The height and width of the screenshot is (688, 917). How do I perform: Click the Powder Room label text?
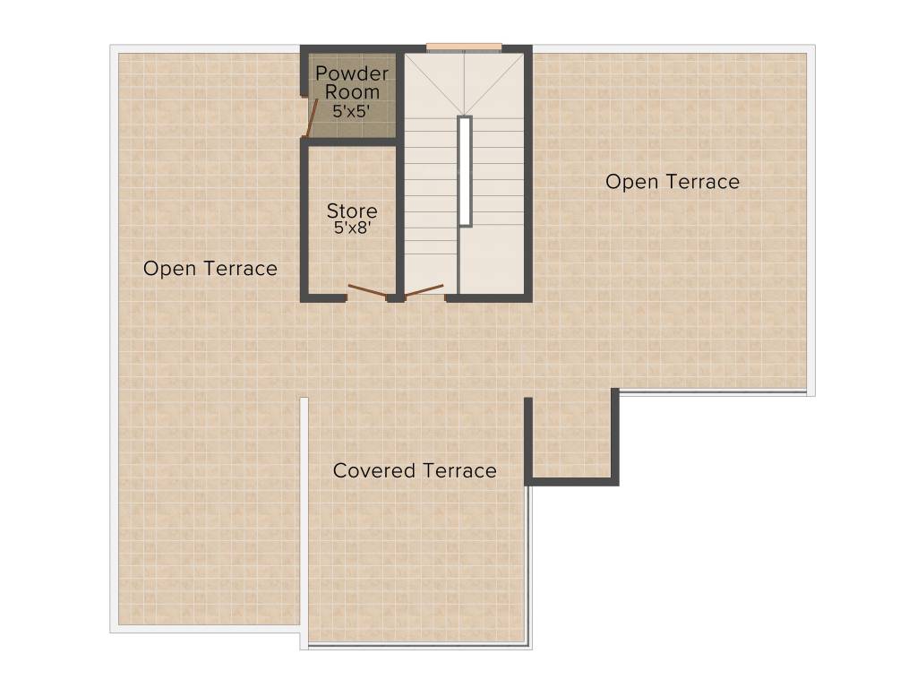[x=352, y=82]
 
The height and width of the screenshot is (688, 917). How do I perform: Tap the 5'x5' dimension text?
[x=351, y=111]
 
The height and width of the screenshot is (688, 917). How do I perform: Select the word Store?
[x=351, y=211]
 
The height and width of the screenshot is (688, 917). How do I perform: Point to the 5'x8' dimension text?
[x=351, y=228]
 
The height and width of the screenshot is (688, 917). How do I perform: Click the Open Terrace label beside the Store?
[x=210, y=269]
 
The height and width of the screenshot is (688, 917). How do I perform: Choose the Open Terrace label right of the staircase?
[x=673, y=182]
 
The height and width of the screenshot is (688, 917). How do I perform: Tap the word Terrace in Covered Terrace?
[x=460, y=470]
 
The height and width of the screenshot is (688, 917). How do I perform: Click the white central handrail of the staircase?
[x=465, y=170]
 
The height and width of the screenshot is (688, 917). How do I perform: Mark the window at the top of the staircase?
[x=463, y=47]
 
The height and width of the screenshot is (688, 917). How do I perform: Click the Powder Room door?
[x=312, y=118]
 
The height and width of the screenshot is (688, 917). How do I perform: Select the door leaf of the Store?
[x=367, y=289]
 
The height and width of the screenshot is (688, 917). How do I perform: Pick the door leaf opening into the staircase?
[x=424, y=289]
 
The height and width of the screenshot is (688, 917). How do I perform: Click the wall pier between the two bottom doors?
[x=394, y=297]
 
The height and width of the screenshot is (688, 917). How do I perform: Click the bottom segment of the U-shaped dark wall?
[x=571, y=481]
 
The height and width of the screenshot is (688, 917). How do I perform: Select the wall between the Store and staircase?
[x=400, y=215]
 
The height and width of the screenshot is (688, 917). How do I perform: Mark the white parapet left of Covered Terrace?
[x=304, y=520]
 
